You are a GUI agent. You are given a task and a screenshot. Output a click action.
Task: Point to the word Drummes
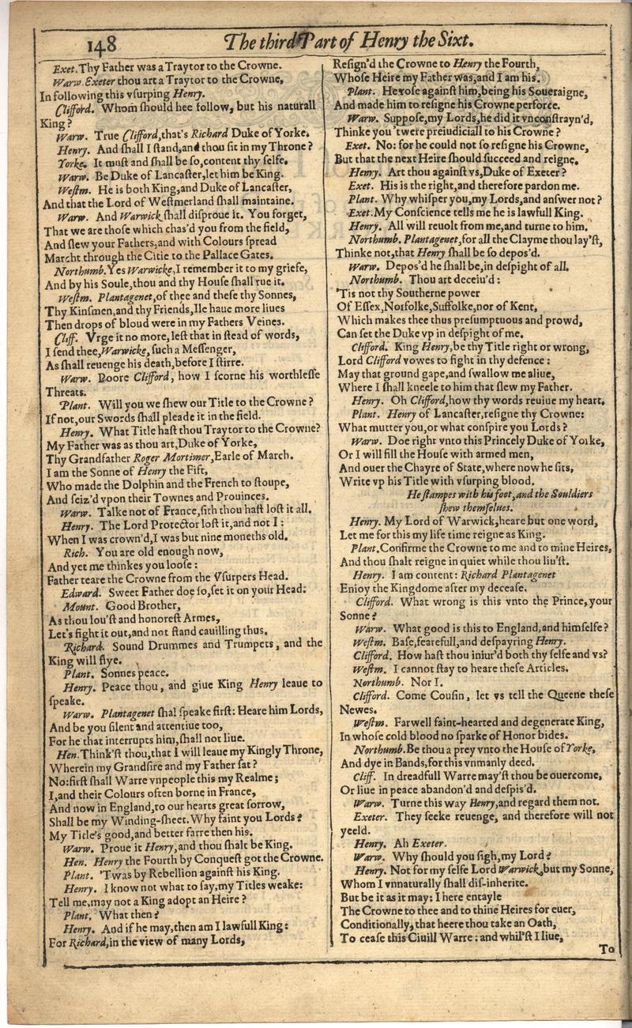163,644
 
